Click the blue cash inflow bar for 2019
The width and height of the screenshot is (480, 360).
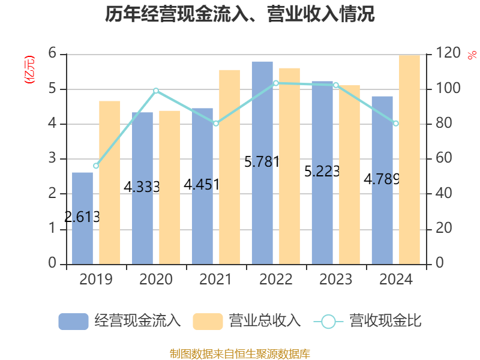82,218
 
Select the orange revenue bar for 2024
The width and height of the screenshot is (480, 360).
409,159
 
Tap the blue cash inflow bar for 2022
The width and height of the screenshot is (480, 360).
262,162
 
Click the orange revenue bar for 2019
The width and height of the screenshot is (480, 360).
109,182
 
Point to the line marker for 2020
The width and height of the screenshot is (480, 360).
155,91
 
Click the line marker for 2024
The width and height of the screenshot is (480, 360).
395,124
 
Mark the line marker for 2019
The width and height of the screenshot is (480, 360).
96,166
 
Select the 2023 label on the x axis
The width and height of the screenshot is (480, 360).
335,280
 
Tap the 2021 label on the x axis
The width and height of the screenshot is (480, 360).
215,280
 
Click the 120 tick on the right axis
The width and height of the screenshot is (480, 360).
448,54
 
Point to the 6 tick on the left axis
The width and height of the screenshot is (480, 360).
52,54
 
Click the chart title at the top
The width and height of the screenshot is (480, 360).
240,14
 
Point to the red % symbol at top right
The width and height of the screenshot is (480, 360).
472,56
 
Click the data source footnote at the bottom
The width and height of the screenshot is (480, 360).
240,353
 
